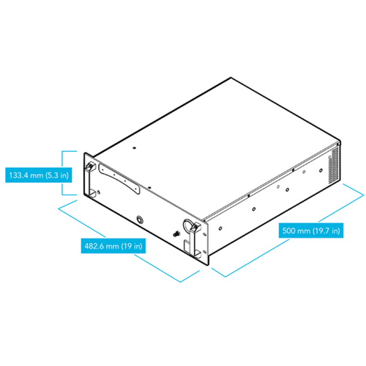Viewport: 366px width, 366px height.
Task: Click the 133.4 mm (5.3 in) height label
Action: (x=39, y=175)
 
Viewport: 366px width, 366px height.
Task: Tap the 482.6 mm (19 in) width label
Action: (x=113, y=246)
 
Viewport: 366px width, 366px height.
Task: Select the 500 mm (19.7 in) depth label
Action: (x=311, y=231)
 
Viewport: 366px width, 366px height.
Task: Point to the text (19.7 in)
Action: (x=327, y=231)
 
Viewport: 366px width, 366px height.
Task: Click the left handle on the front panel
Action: (x=90, y=180)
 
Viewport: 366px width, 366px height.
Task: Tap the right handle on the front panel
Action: (x=195, y=240)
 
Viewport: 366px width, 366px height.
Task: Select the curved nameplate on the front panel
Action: (x=119, y=179)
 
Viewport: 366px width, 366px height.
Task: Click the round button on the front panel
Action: (x=139, y=220)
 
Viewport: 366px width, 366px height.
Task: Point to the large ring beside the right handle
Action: (x=188, y=227)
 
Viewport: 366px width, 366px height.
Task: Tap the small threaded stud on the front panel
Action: (x=177, y=233)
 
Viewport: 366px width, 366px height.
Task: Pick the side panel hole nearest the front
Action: (x=220, y=229)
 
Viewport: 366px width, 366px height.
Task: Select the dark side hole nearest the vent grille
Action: (x=321, y=171)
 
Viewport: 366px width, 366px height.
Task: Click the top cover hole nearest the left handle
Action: (x=134, y=148)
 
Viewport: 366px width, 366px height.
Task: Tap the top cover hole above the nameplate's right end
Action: (x=149, y=187)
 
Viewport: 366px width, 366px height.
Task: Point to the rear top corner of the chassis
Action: (x=231, y=77)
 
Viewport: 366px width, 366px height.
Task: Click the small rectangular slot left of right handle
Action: (x=186, y=246)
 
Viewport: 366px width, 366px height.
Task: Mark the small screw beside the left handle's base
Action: (x=99, y=193)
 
